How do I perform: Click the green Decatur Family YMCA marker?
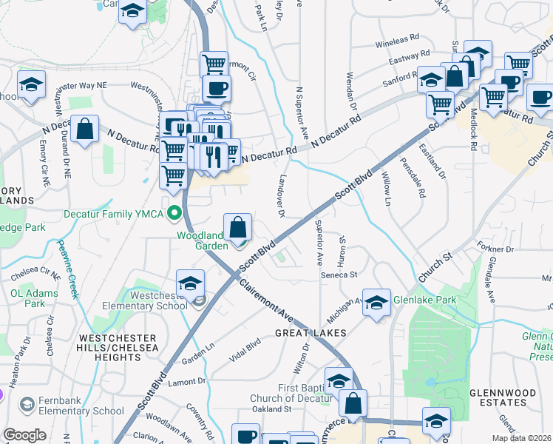tap(175, 215)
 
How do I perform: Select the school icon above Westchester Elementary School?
tap(190, 284)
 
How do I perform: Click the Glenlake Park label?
tap(426, 300)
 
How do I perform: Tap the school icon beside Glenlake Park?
tap(377, 303)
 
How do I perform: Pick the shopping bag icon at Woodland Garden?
tap(238, 227)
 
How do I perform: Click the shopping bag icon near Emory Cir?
tap(86, 130)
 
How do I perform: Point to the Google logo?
tap(24, 435)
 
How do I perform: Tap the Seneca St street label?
tap(339, 274)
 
